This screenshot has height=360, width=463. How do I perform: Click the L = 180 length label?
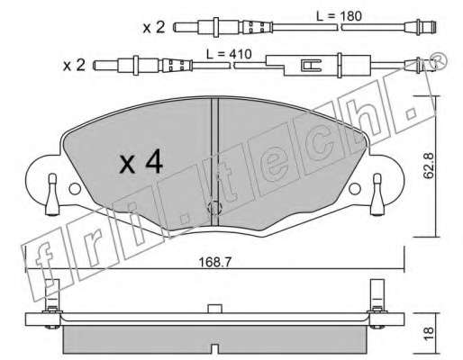click(x=339, y=16)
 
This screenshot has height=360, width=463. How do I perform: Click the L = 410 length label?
click(x=229, y=54)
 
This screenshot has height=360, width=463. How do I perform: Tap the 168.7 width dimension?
click(x=215, y=263)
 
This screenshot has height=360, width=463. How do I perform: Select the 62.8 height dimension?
click(x=429, y=166)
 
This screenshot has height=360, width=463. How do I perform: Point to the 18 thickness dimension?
click(x=430, y=333)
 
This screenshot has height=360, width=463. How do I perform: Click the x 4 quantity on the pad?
click(x=141, y=163)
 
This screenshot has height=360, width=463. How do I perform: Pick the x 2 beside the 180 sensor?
click(x=154, y=28)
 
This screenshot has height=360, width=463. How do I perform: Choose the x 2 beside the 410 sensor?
click(x=74, y=66)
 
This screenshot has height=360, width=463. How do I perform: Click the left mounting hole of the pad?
click(x=75, y=189)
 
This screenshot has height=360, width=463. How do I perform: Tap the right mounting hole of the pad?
click(x=355, y=189)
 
